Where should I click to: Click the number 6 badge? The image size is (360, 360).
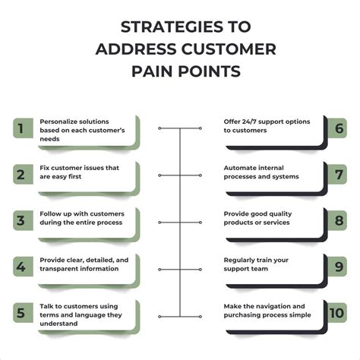click(337, 128)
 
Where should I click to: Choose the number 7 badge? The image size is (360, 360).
click(337, 175)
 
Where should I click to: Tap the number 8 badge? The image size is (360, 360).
click(337, 223)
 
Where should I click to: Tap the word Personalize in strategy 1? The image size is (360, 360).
click(58, 120)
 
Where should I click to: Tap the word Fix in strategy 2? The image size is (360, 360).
click(44, 167)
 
